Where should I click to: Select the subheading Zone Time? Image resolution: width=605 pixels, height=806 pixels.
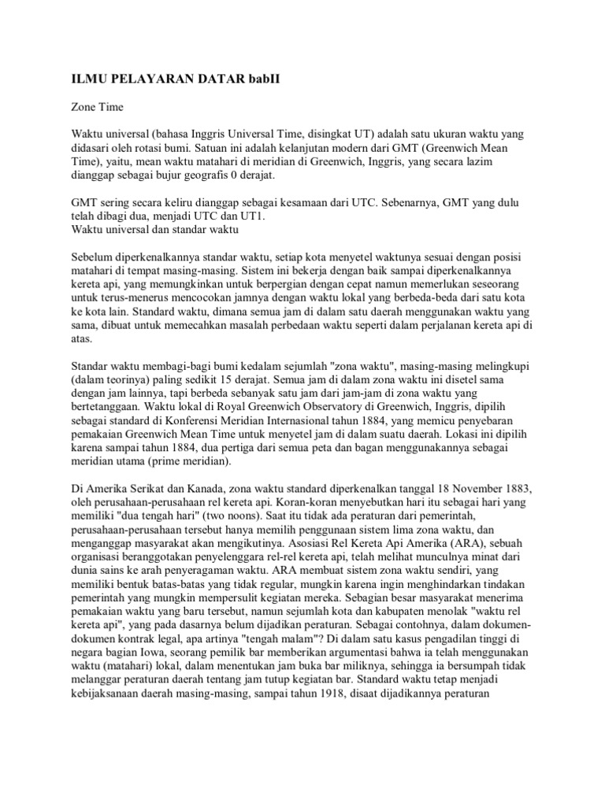coord(98,104)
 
